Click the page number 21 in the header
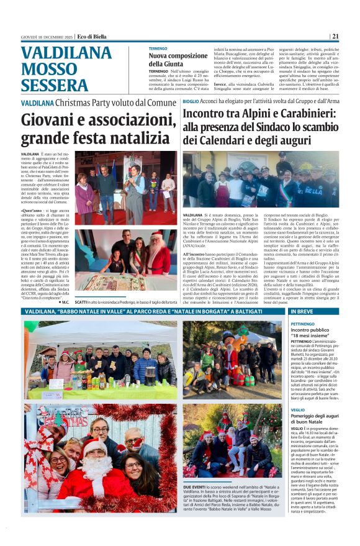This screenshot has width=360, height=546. pos(352,36)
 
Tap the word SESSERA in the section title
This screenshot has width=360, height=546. pos(54,85)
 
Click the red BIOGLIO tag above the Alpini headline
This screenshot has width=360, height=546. pos(191,101)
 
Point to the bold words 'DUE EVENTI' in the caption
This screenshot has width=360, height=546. pos(196,488)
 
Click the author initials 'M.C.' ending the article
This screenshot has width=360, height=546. pos(65,302)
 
